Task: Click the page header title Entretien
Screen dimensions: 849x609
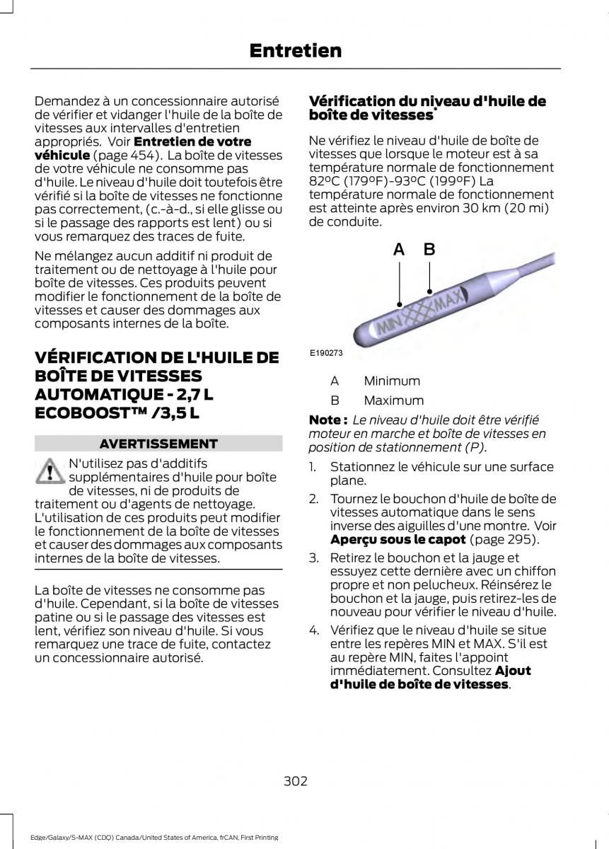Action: click(x=306, y=51)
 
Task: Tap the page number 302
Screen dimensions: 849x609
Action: click(x=295, y=781)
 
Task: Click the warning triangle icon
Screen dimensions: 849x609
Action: click(x=49, y=471)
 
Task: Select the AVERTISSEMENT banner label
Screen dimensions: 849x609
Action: click(x=158, y=444)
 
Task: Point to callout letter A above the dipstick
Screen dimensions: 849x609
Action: click(x=399, y=249)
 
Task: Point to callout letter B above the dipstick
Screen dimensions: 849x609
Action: click(x=429, y=248)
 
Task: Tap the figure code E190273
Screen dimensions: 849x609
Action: click(x=325, y=352)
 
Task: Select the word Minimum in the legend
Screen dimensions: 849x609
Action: click(x=392, y=381)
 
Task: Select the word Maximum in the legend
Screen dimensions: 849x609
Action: click(x=394, y=400)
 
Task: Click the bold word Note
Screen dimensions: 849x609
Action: click(x=327, y=420)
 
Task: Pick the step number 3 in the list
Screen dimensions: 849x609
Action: click(x=313, y=558)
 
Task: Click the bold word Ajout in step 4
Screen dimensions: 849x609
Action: click(x=513, y=671)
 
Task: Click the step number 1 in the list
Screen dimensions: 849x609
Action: click(x=313, y=467)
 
